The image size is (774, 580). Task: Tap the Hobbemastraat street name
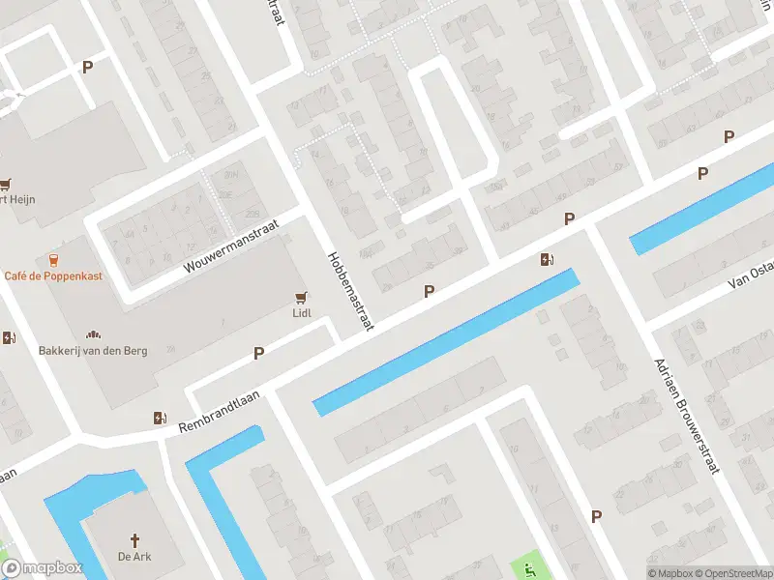point(349,290)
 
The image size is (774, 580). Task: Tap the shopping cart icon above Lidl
point(302,297)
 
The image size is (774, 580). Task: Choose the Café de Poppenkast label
point(53,275)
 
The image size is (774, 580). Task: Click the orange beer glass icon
point(53,259)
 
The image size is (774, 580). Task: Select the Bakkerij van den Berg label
point(93,350)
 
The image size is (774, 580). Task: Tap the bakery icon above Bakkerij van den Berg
point(93,333)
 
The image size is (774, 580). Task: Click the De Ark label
point(135,556)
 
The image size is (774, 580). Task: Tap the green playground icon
point(528,567)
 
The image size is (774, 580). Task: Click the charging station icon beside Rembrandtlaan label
point(160,418)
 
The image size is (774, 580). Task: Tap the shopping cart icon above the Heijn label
point(6,183)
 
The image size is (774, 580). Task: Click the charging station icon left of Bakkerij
point(9,338)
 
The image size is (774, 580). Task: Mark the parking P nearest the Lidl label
point(258,354)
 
